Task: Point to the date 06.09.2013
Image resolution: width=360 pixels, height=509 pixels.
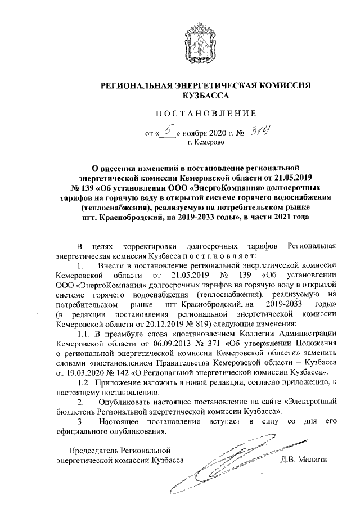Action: [157, 344]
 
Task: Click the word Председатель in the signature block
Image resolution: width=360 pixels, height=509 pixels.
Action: [93, 450]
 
